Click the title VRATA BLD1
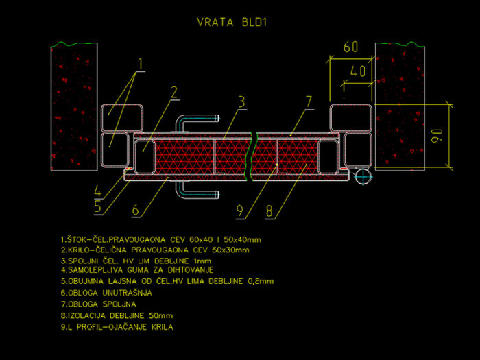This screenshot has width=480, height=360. (x=232, y=22)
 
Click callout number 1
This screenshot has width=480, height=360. (x=140, y=63)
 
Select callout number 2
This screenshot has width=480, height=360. (x=174, y=92)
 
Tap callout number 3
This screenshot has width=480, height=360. (x=242, y=101)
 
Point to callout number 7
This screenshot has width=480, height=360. (x=309, y=101)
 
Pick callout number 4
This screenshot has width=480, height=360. (x=97, y=191)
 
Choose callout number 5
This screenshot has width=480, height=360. (x=97, y=206)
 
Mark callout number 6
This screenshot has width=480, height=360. (x=136, y=210)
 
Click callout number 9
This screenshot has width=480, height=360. (x=240, y=211)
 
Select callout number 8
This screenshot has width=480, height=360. (x=269, y=211)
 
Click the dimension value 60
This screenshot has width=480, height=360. (x=351, y=47)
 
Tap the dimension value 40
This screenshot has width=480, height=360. (x=358, y=71)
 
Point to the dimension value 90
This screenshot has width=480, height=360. (x=437, y=136)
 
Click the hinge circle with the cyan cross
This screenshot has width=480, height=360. (x=363, y=176)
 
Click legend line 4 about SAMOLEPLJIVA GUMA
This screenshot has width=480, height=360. (x=137, y=270)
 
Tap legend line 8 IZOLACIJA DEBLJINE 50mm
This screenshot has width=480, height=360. (x=117, y=315)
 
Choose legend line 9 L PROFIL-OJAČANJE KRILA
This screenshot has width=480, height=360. (x=117, y=327)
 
